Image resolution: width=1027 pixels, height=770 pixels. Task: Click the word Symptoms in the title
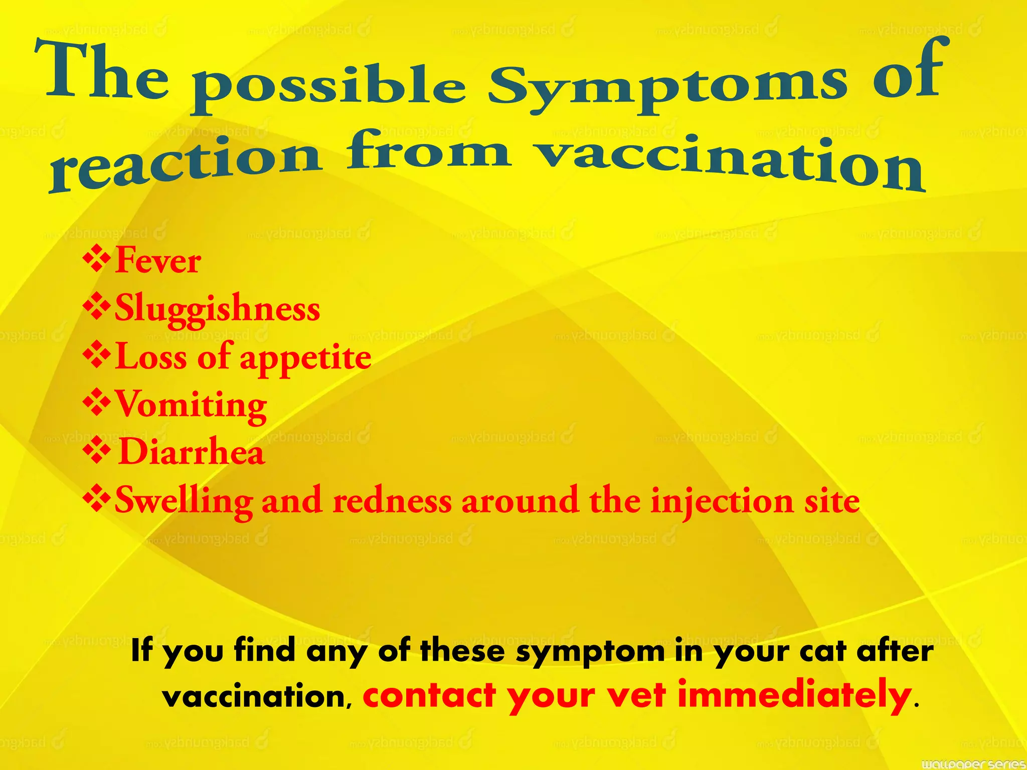point(667,85)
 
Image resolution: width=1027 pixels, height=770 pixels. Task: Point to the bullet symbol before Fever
point(97,260)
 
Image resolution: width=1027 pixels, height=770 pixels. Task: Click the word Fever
point(158,261)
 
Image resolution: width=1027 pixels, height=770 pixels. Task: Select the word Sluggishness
point(217,308)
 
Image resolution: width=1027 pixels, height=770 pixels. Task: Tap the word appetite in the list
point(305,358)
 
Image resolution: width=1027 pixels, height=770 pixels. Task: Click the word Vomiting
point(191,405)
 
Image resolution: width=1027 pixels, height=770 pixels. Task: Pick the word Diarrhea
point(191,452)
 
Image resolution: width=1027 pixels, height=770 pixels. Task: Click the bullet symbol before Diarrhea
point(97,451)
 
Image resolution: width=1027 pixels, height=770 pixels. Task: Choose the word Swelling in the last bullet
point(184,501)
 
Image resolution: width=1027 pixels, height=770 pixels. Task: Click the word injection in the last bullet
point(722,501)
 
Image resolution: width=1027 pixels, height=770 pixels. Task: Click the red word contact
point(429,696)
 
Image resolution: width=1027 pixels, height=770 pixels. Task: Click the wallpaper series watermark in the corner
point(973,763)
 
